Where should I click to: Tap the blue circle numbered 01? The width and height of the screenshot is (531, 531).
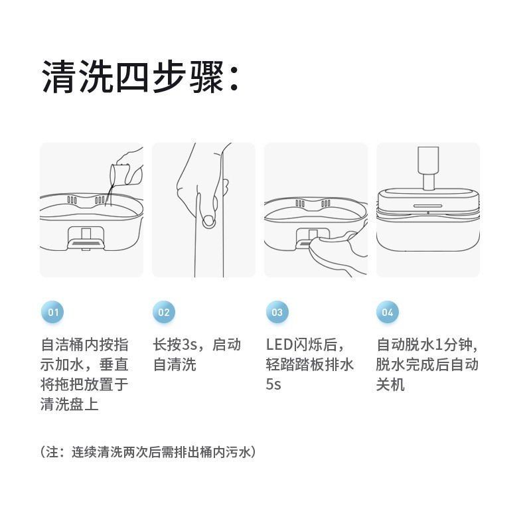(52, 311)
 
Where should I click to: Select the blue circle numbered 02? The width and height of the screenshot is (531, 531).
(164, 311)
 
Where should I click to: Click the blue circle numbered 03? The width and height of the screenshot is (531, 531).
(277, 311)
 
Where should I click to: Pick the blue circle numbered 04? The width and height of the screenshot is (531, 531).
(388, 311)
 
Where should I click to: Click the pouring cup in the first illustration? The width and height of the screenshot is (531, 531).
(119, 173)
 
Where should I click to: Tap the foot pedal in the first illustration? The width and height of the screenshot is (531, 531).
(86, 244)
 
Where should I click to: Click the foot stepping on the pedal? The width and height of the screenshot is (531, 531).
(335, 252)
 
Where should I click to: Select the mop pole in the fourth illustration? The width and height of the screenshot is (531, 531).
(428, 168)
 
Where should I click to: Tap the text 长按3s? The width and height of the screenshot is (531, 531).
(175, 344)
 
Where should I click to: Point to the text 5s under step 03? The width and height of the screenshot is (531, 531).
(273, 384)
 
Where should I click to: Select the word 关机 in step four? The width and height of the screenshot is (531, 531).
(390, 384)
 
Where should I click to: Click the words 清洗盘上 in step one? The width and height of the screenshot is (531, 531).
(70, 404)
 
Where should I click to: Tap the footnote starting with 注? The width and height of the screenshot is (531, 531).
(148, 452)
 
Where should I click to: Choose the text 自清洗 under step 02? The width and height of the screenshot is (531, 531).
(175, 364)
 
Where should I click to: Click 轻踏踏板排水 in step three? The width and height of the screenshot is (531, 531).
(309, 364)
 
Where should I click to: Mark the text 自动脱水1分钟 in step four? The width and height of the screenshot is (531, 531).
(424, 344)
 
